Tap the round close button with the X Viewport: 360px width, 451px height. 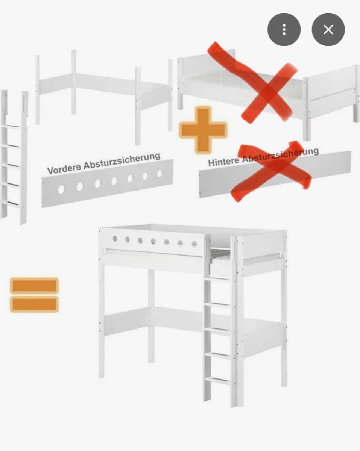(x=328, y=30)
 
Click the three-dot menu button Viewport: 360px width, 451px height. (x=284, y=30)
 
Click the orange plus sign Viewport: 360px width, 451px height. (x=203, y=130)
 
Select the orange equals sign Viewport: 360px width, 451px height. (x=34, y=295)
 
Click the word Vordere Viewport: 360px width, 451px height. (x=64, y=168)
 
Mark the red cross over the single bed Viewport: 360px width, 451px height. (x=252, y=82)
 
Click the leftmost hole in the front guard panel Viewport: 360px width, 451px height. (x=61, y=189)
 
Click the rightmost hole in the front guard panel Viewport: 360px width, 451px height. (x=159, y=174)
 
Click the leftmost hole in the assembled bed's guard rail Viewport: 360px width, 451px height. (x=115, y=238)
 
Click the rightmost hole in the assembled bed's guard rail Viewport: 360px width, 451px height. (x=194, y=244)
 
